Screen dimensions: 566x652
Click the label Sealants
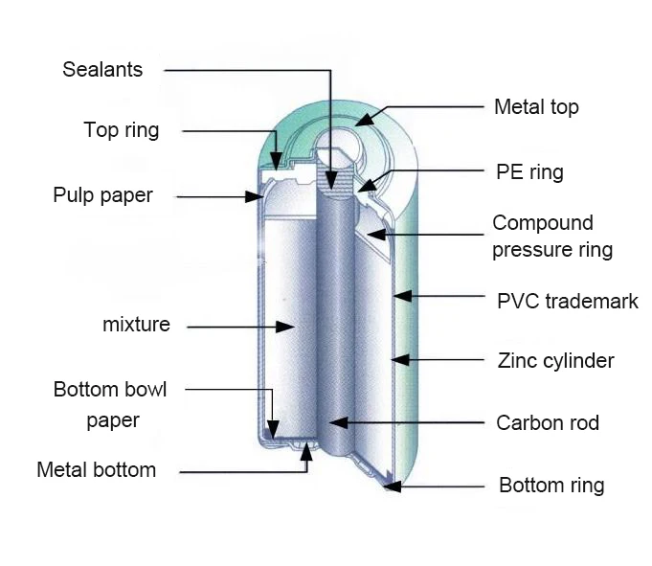coord(102,70)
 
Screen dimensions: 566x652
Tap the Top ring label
coord(122,130)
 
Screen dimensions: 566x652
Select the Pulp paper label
coord(102,195)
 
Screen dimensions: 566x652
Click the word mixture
coord(136,325)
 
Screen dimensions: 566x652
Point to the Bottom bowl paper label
coord(110,404)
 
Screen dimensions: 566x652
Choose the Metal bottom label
coord(96,470)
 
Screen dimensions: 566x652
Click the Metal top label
coord(536,106)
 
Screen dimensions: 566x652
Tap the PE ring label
coord(529,172)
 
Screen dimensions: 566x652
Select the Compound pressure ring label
coord(552,237)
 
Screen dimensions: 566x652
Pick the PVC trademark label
coord(567,302)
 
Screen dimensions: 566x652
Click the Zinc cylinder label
coord(555,361)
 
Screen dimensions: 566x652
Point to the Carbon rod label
coord(548,422)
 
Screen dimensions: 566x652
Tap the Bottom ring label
coord(551,486)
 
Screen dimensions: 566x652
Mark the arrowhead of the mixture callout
coord(287,327)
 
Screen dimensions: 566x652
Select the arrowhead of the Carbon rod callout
coord(330,422)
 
